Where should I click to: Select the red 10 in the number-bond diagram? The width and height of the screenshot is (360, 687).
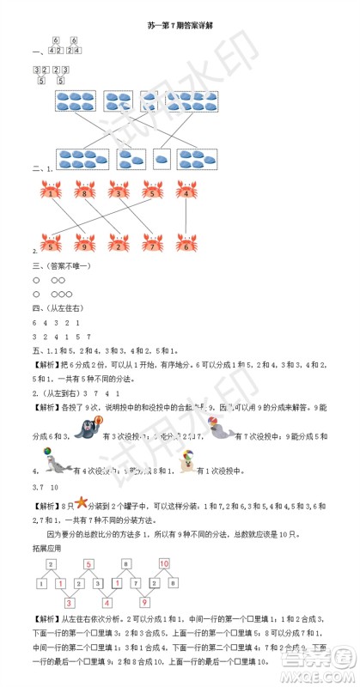point(164,562)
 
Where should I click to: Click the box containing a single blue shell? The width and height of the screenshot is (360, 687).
point(162,158)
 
